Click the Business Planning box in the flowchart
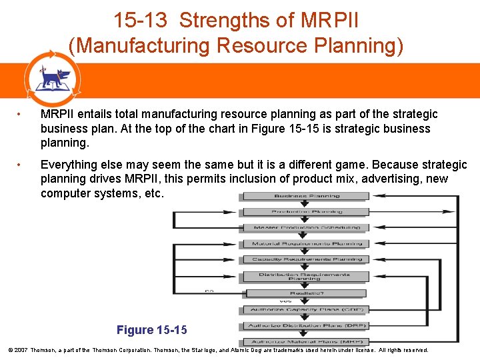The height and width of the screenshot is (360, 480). click(306, 196)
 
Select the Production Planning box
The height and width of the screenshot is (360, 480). click(306, 212)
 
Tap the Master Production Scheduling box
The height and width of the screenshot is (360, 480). click(306, 228)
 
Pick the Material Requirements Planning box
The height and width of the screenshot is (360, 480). click(306, 243)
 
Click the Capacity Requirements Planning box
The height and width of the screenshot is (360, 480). click(306, 259)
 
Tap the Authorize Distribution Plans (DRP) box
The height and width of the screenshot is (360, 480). click(306, 325)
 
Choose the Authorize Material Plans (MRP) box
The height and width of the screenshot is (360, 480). click(306, 341)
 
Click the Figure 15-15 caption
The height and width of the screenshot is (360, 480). click(151, 330)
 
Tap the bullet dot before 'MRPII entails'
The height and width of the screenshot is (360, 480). click(21, 115)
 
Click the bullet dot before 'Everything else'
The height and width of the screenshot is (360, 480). click(21, 165)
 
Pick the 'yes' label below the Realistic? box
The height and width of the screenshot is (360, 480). click(285, 301)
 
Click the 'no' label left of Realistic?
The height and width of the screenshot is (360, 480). click(209, 291)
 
